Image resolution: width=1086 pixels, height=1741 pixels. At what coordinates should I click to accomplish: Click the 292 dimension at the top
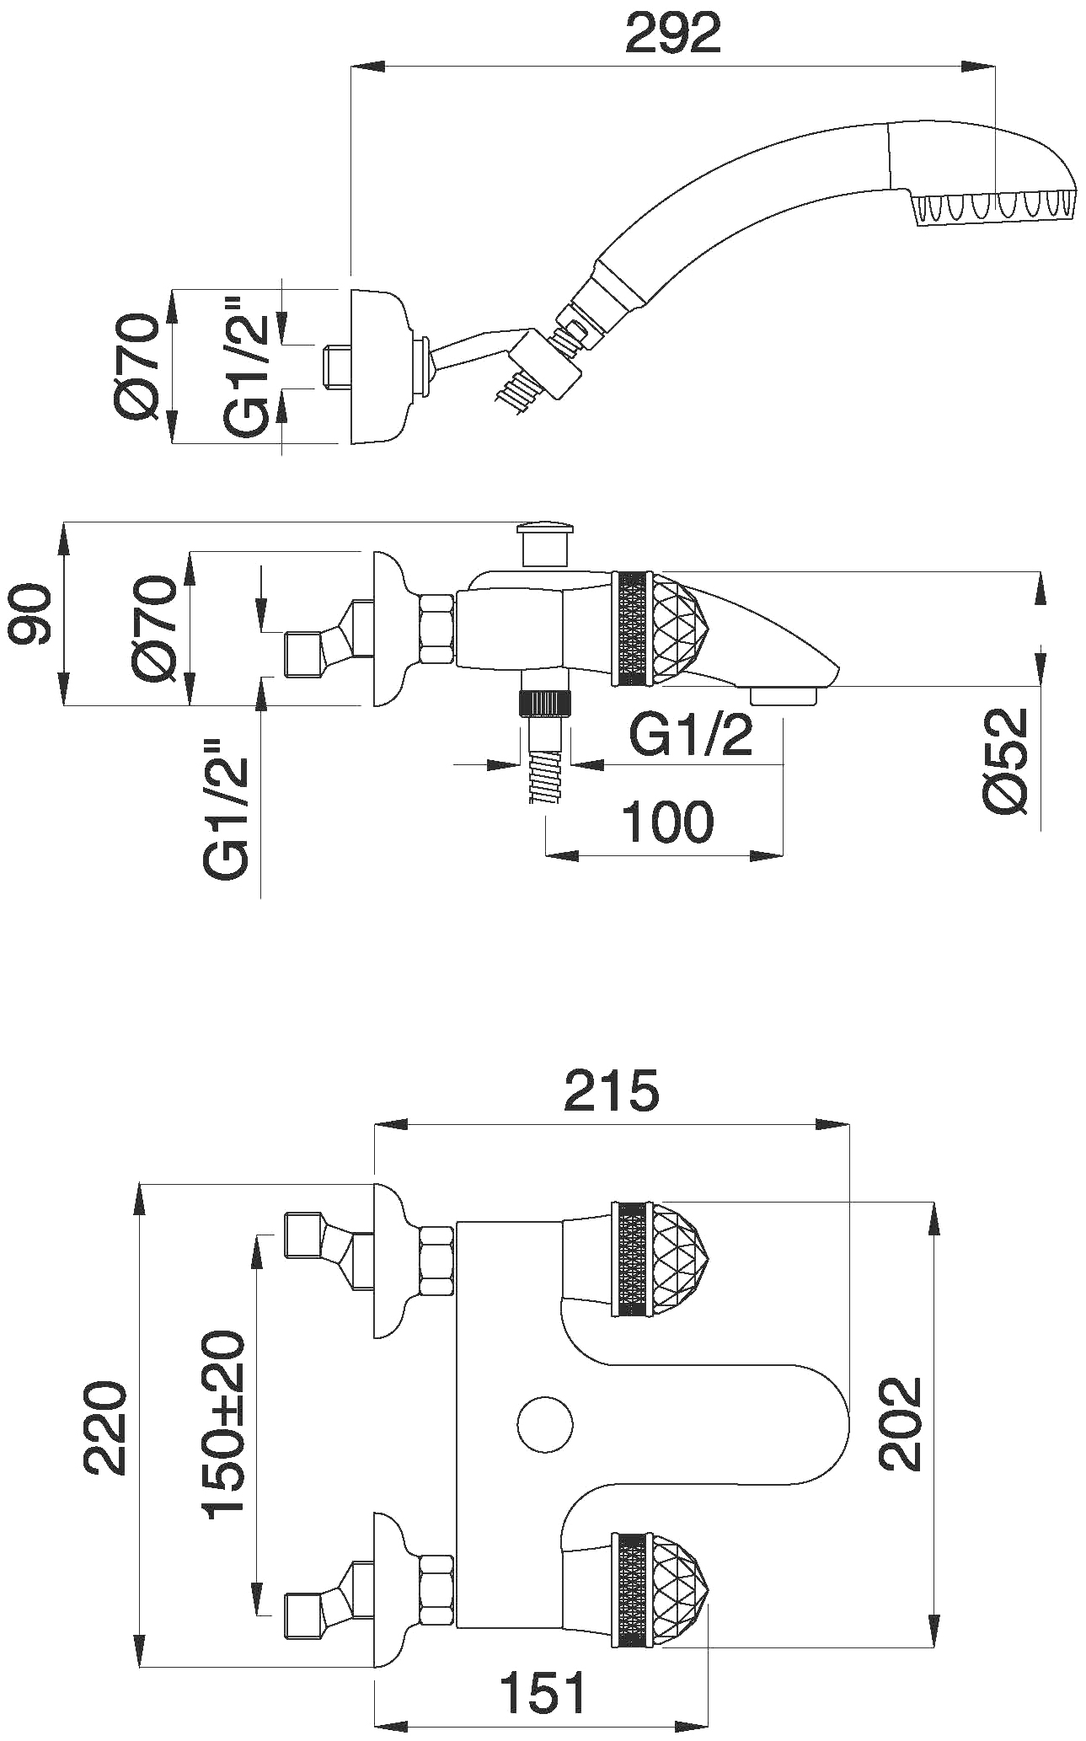click(672, 33)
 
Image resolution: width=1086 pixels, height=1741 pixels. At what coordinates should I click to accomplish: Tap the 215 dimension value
click(612, 1090)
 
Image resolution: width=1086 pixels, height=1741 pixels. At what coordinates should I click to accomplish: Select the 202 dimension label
click(901, 1423)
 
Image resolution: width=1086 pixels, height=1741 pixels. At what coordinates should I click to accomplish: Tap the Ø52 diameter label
click(1006, 760)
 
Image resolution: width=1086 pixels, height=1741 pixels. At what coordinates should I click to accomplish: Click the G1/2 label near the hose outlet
click(691, 737)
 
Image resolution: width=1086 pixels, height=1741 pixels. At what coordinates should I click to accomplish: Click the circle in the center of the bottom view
click(544, 1423)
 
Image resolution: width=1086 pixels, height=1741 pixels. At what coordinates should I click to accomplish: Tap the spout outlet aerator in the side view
click(784, 696)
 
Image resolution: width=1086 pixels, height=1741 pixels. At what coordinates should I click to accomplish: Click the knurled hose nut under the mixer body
click(546, 703)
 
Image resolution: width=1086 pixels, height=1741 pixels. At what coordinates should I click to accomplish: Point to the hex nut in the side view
click(436, 628)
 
